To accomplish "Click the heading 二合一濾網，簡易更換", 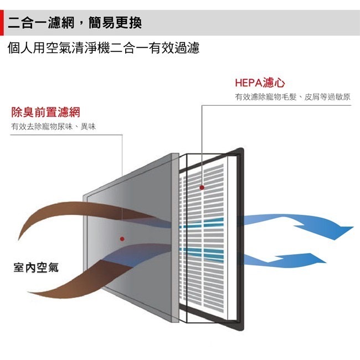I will point(75,23).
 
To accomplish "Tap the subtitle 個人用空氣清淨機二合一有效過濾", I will point(104,49).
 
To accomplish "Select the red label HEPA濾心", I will point(259,83).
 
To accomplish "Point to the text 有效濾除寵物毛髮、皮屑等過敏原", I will point(292,97).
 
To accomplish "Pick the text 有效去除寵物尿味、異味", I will point(53,127).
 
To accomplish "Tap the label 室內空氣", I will point(36,268).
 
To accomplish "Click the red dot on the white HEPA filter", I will point(202,188).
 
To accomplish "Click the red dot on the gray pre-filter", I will point(122,239).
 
